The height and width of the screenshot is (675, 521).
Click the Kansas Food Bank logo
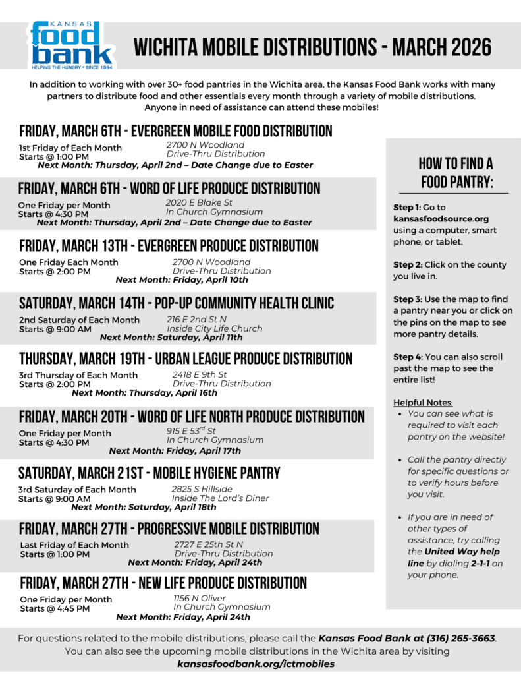tap(71, 45)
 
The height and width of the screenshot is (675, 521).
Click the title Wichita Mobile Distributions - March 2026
tap(313, 47)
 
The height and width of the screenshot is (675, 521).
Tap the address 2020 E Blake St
tap(199, 202)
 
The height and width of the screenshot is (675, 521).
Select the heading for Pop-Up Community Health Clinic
tap(177, 303)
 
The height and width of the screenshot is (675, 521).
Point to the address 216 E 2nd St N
tap(196, 318)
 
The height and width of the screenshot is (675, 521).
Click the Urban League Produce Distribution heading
tap(186, 359)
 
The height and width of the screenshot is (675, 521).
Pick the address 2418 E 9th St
tap(200, 374)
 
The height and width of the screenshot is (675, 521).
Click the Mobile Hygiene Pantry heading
tap(150, 473)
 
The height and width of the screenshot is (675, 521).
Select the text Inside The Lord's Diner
tap(220, 498)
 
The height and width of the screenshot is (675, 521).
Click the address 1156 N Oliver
tap(199, 597)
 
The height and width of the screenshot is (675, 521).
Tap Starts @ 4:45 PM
tap(55, 609)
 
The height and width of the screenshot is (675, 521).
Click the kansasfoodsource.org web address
tap(441, 219)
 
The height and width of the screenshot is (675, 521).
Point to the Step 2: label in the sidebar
tap(407, 265)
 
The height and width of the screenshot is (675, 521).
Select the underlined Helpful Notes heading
tap(423, 403)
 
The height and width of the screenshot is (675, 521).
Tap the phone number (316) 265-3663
tap(461, 638)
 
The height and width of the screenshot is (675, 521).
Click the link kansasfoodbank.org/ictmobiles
tap(256, 664)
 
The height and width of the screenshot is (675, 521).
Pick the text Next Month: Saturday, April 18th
tap(144, 508)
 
